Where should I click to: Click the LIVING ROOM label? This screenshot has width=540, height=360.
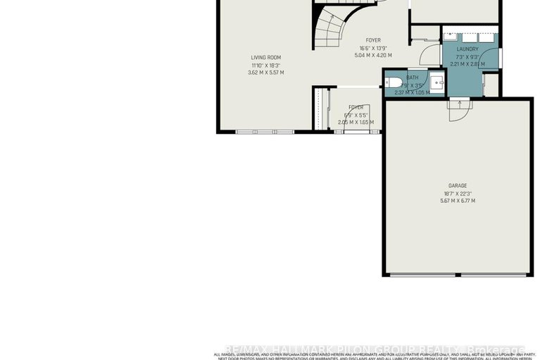tap(265, 58)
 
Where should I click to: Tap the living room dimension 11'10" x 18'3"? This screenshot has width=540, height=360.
tap(265, 66)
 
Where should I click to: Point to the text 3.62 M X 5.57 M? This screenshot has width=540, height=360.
tap(265, 73)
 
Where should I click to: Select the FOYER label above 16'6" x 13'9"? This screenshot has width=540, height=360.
tap(373, 40)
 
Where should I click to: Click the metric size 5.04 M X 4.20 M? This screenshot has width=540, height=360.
tap(373, 55)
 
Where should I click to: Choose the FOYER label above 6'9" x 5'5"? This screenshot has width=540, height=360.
tap(356, 108)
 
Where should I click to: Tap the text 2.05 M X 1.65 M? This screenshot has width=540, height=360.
tap(356, 122)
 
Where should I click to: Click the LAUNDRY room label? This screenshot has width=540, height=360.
tap(468, 49)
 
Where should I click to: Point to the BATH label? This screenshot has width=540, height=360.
tap(412, 77)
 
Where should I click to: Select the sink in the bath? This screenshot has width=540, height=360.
tap(437, 82)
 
